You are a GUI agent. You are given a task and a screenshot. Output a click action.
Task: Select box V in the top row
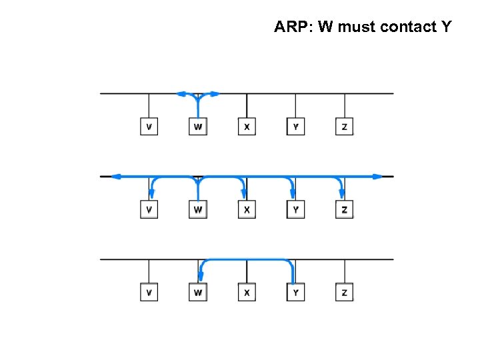pyautogui.click(x=149, y=126)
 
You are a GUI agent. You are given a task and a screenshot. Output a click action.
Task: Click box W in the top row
pyautogui.click(x=198, y=126)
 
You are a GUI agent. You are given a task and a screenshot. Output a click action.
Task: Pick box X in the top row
pyautogui.click(x=247, y=126)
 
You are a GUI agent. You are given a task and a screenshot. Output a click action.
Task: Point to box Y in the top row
pyautogui.click(x=296, y=126)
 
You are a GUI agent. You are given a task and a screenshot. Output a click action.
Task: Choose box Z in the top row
pyautogui.click(x=345, y=126)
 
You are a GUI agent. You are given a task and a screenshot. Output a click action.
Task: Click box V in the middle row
pyautogui.click(x=149, y=209)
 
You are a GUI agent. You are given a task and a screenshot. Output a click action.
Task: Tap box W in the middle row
pyautogui.click(x=198, y=209)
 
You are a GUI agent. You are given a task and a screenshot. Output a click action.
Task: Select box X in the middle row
pyautogui.click(x=247, y=209)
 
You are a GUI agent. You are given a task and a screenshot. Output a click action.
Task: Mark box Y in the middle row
pyautogui.click(x=296, y=209)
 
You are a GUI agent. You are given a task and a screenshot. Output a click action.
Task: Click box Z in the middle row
pyautogui.click(x=345, y=209)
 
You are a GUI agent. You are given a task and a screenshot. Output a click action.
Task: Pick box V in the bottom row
pyautogui.click(x=149, y=292)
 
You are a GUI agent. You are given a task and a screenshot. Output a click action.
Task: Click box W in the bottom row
pyautogui.click(x=198, y=292)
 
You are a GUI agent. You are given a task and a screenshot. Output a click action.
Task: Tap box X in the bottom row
pyautogui.click(x=247, y=292)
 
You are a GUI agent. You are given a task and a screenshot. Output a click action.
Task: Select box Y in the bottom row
pyautogui.click(x=296, y=292)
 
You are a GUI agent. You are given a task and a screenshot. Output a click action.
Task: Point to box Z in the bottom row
pyautogui.click(x=345, y=292)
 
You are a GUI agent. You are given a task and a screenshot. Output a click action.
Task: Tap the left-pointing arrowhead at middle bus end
pyautogui.click(x=116, y=177)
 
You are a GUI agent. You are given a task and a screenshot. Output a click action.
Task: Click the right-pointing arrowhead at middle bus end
pyautogui.click(x=378, y=177)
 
